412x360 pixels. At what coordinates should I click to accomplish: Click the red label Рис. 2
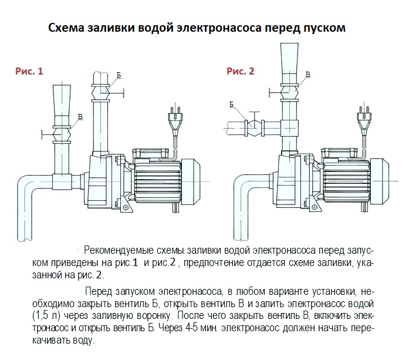[241, 72]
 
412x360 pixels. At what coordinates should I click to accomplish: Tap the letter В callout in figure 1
[80, 116]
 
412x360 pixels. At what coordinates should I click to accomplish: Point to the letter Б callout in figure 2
[232, 104]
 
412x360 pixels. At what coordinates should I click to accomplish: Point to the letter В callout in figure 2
[308, 75]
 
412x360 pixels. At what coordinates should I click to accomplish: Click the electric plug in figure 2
[362, 118]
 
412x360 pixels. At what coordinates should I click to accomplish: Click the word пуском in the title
[322, 28]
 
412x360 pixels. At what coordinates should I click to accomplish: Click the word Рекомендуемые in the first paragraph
[121, 251]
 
